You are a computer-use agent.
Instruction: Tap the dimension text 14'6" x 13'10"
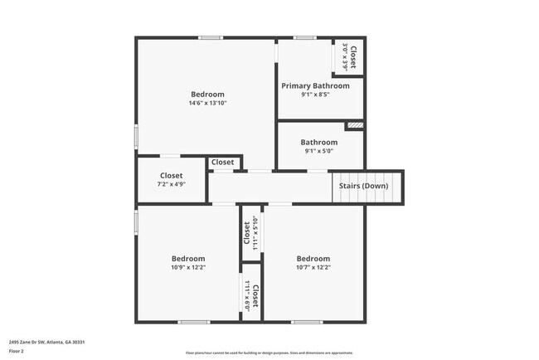(x=207, y=103)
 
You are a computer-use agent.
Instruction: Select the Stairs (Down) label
(x=363, y=186)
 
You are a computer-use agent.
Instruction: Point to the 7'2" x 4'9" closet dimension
(x=172, y=184)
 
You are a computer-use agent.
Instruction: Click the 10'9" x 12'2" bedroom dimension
(x=187, y=267)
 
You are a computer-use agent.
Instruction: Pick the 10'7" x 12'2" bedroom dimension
(x=313, y=267)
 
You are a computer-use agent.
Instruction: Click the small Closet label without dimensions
(x=222, y=162)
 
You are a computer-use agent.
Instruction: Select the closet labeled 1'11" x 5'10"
(x=251, y=233)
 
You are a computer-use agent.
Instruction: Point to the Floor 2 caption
(x=17, y=352)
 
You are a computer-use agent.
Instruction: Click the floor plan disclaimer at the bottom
(x=269, y=352)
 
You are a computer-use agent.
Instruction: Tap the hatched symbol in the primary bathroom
(x=354, y=125)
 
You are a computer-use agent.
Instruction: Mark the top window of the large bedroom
(x=210, y=37)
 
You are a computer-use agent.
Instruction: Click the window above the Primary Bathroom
(x=304, y=37)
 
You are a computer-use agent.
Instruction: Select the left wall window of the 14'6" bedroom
(x=137, y=136)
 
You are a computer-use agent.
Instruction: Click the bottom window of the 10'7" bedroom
(x=307, y=322)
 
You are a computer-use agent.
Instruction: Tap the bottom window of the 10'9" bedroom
(x=194, y=322)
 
